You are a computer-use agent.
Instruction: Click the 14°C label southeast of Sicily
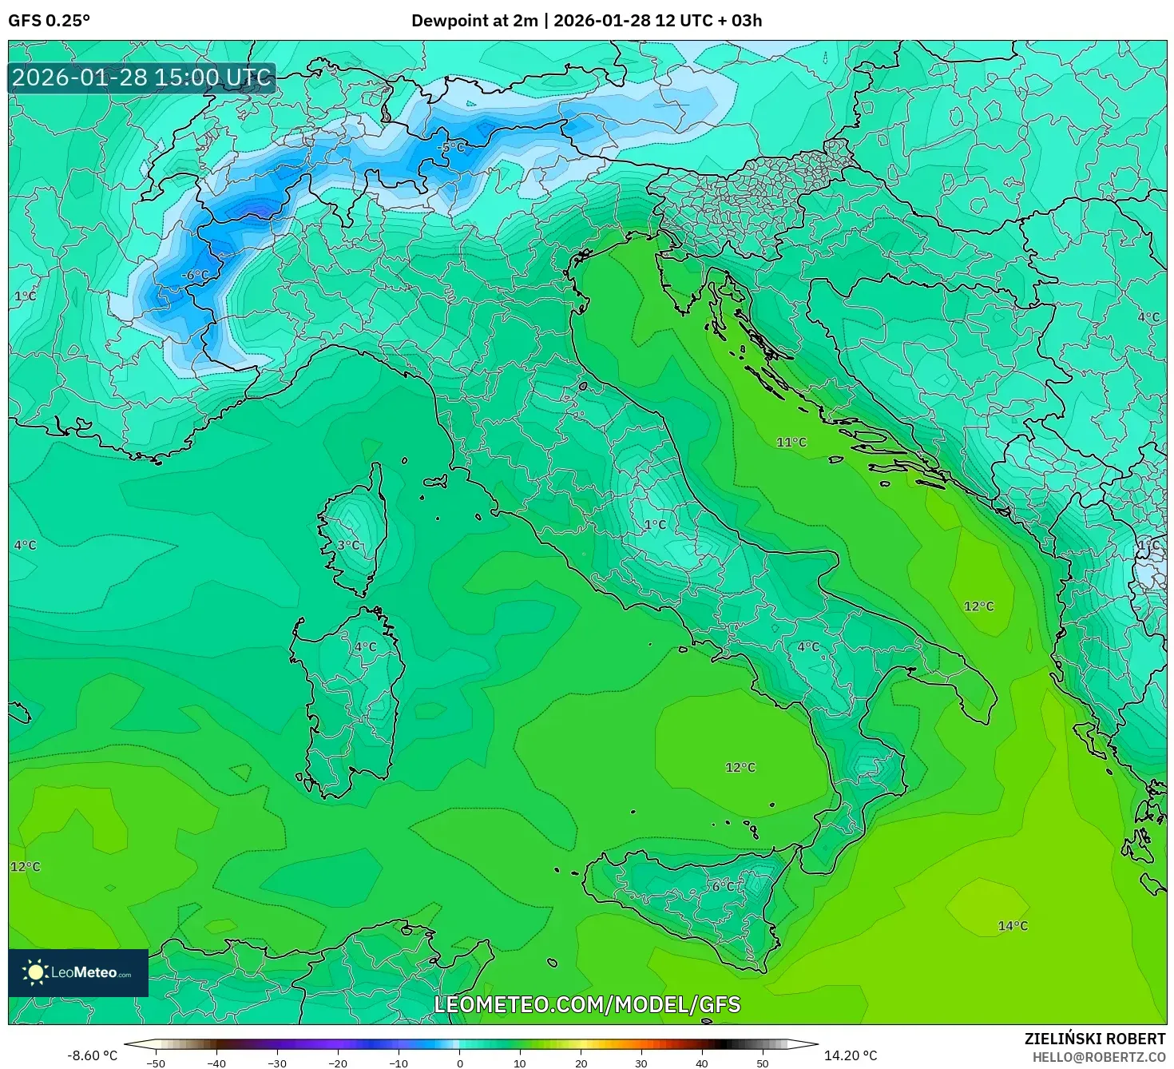point(1013,926)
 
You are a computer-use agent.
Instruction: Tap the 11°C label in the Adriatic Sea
point(791,442)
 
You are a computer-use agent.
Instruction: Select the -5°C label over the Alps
point(450,148)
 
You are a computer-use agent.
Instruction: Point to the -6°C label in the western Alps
point(194,276)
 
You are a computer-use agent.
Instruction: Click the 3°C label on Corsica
point(348,545)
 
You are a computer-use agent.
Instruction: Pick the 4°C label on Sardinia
point(365,646)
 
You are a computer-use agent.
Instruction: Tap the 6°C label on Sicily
point(726,886)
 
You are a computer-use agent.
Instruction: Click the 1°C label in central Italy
point(655,525)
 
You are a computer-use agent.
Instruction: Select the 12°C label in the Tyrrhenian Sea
point(740,767)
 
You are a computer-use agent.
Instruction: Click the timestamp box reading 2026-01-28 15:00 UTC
point(142,77)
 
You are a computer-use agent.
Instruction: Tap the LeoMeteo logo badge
point(78,972)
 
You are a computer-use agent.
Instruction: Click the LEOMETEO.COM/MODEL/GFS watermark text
point(587,1004)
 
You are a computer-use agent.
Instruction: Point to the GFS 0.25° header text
point(50,21)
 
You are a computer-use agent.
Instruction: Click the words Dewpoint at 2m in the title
point(474,21)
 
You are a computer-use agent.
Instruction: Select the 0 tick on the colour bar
point(459,1063)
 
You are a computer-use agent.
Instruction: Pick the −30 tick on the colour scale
point(276,1063)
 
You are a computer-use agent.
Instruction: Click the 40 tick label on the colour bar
point(702,1063)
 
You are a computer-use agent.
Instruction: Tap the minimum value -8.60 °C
point(92,1055)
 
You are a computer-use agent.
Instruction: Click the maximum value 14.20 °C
point(851,1055)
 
